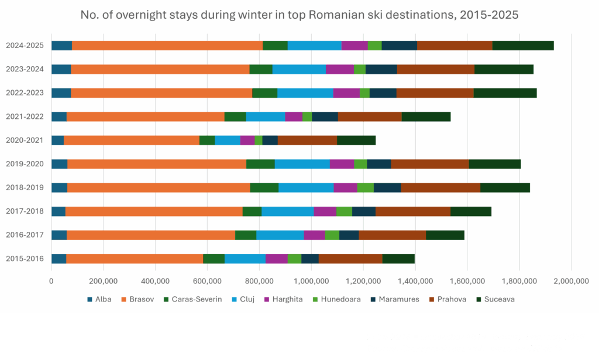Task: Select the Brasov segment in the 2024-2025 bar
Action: (167, 46)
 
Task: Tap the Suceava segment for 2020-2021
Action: (356, 140)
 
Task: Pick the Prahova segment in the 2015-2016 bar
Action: (350, 259)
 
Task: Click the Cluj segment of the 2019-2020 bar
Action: (302, 164)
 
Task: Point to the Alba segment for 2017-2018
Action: (58, 211)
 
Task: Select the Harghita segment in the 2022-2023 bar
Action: (346, 93)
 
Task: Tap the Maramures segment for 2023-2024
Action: (381, 69)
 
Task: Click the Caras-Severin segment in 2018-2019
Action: (264, 187)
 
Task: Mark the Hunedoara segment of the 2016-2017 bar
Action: (332, 235)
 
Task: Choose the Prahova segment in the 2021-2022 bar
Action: (370, 116)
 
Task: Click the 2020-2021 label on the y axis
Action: (25, 140)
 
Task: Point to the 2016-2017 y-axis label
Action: (25, 235)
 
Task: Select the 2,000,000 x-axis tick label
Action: (571, 281)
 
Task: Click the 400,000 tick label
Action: (155, 281)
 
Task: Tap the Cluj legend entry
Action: (243, 299)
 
